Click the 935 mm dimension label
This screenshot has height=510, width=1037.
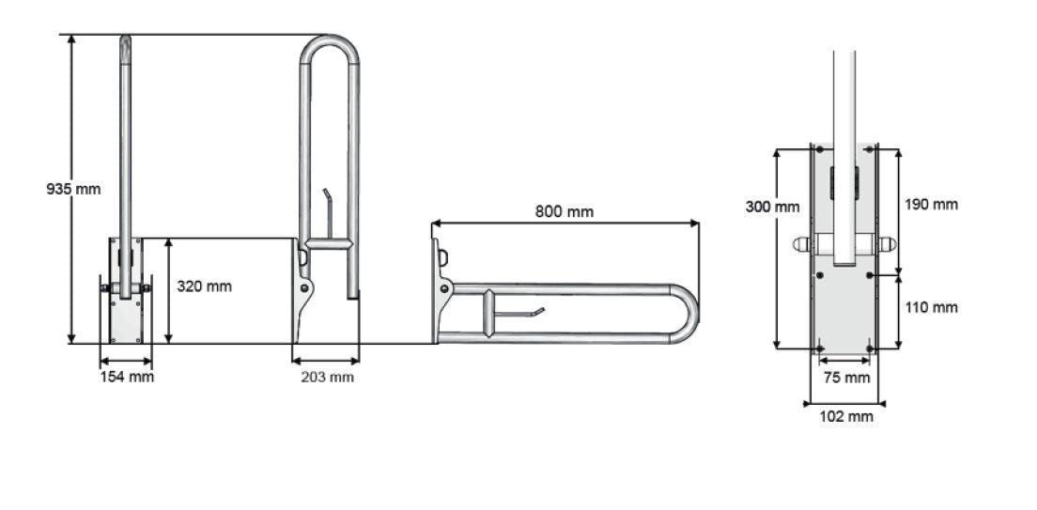(73, 189)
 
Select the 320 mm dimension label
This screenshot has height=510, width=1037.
(204, 286)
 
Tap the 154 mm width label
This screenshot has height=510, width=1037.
(127, 377)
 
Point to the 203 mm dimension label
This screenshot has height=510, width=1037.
(327, 377)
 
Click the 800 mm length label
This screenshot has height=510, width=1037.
(565, 211)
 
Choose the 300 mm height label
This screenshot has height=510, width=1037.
(773, 207)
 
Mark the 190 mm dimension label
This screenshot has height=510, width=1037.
(931, 204)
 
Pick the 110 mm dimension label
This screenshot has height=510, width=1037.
(931, 307)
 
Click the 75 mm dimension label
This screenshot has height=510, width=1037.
(845, 378)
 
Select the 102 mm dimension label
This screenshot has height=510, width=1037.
(845, 416)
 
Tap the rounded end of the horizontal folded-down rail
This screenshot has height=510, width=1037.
(693, 313)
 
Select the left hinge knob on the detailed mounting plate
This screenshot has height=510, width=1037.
(799, 244)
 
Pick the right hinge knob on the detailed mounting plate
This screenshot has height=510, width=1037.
(889, 244)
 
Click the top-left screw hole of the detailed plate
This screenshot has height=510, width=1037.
(820, 150)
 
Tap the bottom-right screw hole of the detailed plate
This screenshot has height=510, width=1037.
(870, 348)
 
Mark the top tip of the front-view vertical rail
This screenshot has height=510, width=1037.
(125, 39)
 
